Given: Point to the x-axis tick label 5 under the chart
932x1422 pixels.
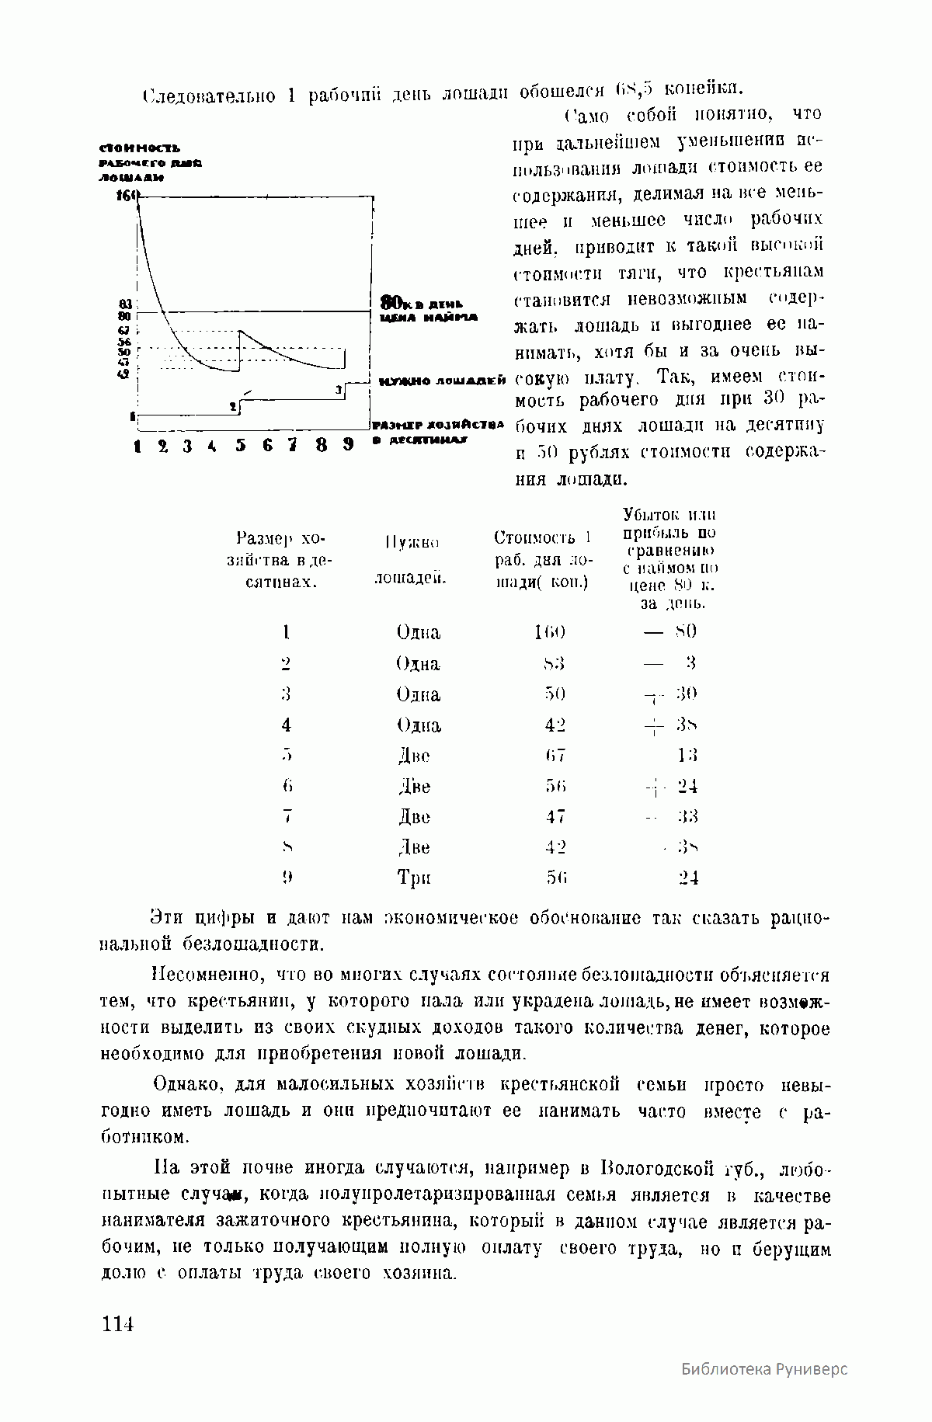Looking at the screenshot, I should point(241,446).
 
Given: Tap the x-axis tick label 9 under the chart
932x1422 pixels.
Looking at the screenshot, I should point(348,445).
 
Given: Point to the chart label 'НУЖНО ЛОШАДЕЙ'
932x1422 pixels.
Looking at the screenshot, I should point(442,381).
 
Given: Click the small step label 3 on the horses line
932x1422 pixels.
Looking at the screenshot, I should point(339,391).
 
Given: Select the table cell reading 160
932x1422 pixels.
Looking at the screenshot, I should point(549,632).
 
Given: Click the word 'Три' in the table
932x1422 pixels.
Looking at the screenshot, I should point(414,878).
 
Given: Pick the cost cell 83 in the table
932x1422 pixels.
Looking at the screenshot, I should point(554,664).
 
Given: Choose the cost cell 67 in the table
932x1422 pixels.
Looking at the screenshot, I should point(555,755).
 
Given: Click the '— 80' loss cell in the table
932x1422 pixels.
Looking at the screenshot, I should point(671,631).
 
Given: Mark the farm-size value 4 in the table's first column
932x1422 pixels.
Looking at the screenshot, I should point(287,725).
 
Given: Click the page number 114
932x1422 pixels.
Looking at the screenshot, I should point(117,1324).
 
